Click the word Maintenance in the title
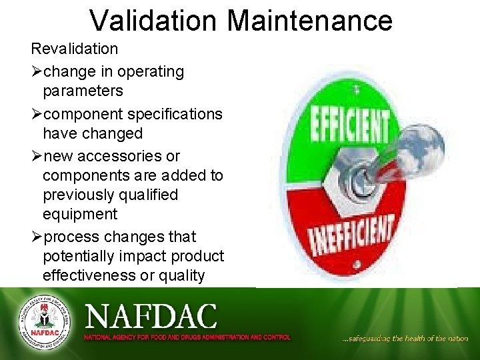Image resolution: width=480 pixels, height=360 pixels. tap(309, 20)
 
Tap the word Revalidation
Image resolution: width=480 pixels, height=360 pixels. tap(74, 49)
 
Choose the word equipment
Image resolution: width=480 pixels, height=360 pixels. tap(79, 214)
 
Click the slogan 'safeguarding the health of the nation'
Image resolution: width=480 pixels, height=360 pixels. tap(405, 339)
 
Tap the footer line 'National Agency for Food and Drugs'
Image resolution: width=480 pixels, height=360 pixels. tap(187, 337)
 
